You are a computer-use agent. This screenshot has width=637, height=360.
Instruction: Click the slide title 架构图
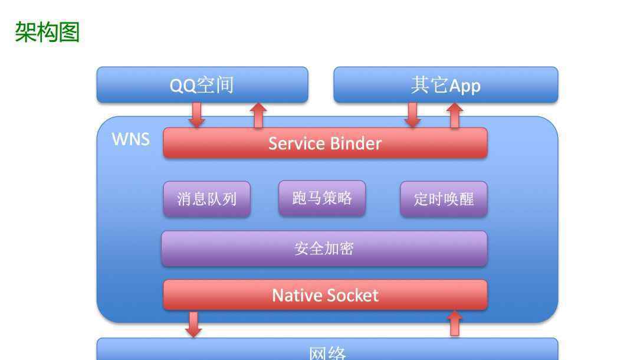[x=47, y=32]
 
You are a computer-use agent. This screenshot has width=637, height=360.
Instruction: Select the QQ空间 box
[x=202, y=84]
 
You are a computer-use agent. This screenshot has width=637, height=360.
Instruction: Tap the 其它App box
[x=446, y=84]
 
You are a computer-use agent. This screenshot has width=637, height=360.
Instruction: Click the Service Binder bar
[x=325, y=143]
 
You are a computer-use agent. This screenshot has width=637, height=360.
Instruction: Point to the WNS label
[x=131, y=139]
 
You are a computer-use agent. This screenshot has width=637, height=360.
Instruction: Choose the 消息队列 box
[x=207, y=199]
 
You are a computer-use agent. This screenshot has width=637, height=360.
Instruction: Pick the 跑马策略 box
[x=322, y=198]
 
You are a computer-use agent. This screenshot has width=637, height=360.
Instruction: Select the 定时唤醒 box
[x=444, y=199]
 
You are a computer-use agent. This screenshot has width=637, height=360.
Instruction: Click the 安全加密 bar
[x=324, y=248]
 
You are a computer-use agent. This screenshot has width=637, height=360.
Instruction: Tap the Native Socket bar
[x=325, y=295]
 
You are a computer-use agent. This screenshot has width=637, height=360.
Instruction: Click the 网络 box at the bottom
[x=327, y=349]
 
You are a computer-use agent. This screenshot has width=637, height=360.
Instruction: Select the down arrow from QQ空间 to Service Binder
[x=196, y=115]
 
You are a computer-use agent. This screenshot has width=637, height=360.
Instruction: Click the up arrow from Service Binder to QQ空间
[x=258, y=116]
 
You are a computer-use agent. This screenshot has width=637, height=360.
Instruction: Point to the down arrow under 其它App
[x=413, y=115]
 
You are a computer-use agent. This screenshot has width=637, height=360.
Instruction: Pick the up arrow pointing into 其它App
[x=455, y=116]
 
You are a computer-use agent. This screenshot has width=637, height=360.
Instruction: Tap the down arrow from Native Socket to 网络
[x=193, y=324]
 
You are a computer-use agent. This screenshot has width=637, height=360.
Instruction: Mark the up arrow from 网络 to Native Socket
[x=455, y=323]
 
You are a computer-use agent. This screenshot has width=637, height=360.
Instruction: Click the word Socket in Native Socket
[x=352, y=296]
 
